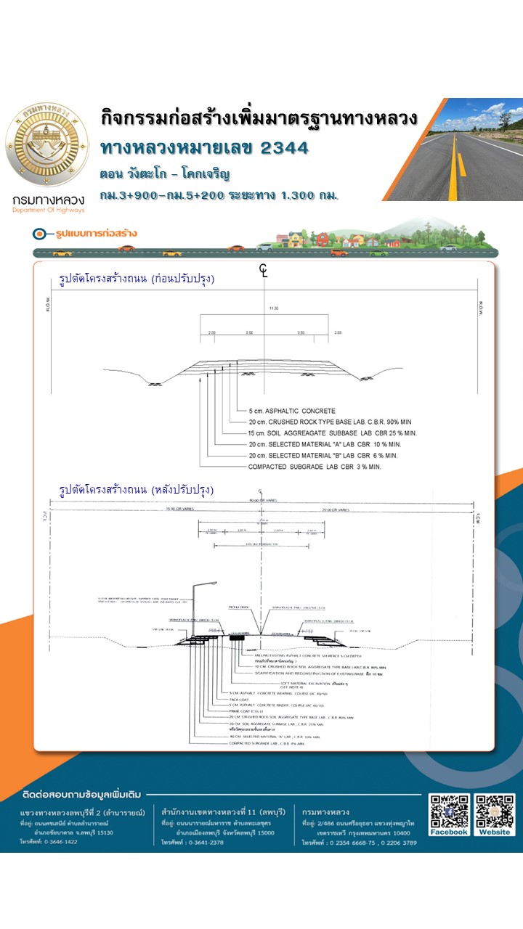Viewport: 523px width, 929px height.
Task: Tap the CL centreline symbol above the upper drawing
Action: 263,271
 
